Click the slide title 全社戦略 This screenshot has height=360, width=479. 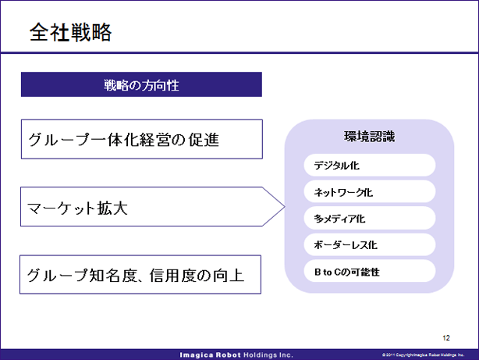point(70,32)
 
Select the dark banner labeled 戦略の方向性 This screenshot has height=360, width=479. point(141,84)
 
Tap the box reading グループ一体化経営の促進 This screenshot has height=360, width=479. point(142,139)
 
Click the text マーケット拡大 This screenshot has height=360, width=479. point(77,208)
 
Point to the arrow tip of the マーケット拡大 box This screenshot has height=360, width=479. point(285,206)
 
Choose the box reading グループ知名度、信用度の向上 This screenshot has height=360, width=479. point(140,275)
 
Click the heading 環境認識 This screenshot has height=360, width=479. point(369,137)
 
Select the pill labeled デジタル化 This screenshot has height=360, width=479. point(370,166)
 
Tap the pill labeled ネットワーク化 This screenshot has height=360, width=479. point(370,192)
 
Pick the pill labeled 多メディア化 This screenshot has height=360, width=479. point(370,218)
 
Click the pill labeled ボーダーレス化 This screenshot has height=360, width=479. point(370,244)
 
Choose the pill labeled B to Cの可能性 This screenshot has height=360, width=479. point(370,271)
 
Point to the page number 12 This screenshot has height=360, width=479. point(446,337)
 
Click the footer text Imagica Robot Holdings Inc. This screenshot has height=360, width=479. point(236,355)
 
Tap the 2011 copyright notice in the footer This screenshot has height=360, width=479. point(423,355)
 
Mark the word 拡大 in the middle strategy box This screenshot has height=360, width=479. point(112,208)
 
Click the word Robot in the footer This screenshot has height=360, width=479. point(229,355)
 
